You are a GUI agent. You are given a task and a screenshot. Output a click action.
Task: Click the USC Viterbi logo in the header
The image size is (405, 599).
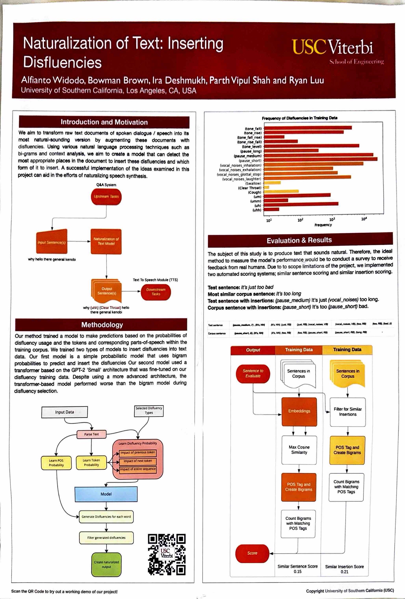(x=337, y=50)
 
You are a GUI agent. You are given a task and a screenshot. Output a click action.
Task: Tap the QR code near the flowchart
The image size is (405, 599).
(x=167, y=554)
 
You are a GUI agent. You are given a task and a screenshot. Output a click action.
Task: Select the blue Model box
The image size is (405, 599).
(x=106, y=494)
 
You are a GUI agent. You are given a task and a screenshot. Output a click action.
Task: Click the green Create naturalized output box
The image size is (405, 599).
(x=106, y=564)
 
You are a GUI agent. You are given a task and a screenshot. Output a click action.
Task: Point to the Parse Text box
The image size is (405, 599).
(x=92, y=434)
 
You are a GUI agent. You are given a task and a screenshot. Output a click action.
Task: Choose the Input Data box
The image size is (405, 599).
(x=64, y=412)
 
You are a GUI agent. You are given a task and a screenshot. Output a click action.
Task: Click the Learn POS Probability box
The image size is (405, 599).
(x=56, y=463)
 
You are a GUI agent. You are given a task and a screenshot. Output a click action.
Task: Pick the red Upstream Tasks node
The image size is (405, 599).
(x=106, y=197)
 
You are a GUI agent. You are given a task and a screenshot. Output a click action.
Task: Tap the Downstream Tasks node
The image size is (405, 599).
(x=156, y=292)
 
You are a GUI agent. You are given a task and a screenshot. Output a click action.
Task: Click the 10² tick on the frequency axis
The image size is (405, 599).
(x=300, y=220)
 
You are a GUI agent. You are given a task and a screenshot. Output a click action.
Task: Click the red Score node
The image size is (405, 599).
(x=252, y=553)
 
